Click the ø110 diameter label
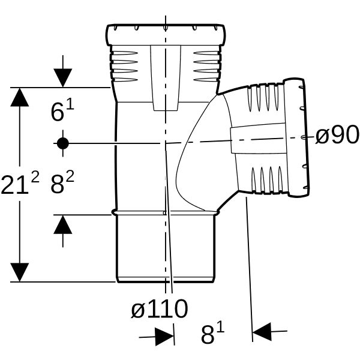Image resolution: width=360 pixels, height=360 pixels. pos(160,308)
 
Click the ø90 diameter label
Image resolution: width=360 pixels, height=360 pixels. pos(337,135)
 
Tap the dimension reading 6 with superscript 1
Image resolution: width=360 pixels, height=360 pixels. pos(62,111)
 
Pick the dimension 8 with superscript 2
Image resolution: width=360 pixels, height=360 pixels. pos(62,183)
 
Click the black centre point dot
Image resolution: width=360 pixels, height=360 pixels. pos(63,143)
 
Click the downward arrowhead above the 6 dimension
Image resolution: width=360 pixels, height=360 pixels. pos(63,78)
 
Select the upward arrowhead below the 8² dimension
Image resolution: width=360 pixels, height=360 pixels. pos(63,224)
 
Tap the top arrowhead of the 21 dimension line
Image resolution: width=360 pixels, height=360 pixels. pos(20,97)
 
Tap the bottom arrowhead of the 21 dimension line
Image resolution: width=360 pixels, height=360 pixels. pos(20,272)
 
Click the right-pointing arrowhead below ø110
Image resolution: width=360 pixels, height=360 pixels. pos(164,337)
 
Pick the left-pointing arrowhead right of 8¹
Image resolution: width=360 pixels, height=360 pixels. pos(262,332)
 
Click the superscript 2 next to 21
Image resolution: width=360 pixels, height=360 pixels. pos(35,177)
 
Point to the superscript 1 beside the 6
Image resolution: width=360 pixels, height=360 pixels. pos(71,106)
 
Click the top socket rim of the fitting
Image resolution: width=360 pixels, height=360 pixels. pos(166,35)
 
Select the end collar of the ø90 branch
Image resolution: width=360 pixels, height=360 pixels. pos(296,138)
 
